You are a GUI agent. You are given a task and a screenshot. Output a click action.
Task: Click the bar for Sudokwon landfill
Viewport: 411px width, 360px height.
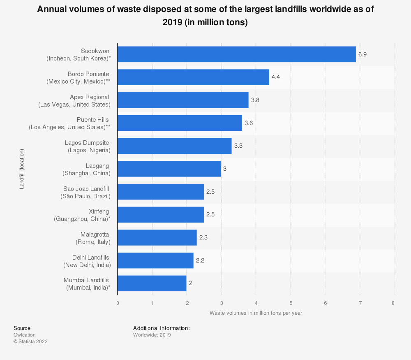(x=237, y=54)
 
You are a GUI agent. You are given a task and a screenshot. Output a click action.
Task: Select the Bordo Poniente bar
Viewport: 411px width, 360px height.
(x=193, y=77)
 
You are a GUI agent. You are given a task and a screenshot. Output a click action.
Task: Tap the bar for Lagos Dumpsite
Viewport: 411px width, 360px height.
(x=174, y=146)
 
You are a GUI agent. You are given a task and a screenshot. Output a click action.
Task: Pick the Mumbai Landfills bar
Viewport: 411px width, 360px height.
(x=152, y=283)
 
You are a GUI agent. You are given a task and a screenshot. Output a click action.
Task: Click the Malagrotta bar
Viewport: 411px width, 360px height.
(x=157, y=238)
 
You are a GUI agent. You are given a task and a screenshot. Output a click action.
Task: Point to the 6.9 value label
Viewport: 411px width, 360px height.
(x=363, y=54)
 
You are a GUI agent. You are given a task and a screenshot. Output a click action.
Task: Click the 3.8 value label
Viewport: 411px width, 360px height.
(x=255, y=100)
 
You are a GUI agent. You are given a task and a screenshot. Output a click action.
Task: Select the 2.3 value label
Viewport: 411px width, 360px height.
(x=203, y=238)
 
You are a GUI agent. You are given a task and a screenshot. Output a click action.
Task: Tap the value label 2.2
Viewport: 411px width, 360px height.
(x=200, y=260)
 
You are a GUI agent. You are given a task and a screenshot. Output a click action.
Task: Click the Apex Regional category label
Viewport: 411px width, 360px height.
(x=74, y=101)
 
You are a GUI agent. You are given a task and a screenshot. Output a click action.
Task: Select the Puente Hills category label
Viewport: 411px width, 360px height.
(x=69, y=123)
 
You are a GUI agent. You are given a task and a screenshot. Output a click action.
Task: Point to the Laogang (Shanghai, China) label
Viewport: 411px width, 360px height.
(x=86, y=170)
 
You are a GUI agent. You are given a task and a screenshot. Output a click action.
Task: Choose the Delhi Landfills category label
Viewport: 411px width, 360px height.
(x=87, y=261)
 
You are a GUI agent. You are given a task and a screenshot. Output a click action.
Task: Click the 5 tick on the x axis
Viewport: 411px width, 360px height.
(x=291, y=303)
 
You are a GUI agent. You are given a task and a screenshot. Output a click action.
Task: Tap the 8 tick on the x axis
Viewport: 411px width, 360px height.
(x=393, y=303)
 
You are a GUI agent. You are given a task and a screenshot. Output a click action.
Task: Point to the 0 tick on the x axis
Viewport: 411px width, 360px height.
(x=118, y=303)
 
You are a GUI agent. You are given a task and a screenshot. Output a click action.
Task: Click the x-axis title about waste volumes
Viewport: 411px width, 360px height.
(x=256, y=313)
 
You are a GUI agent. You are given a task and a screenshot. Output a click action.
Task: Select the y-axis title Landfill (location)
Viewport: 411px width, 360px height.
(x=22, y=169)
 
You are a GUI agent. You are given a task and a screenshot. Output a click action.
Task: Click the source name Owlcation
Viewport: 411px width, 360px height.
(x=25, y=335)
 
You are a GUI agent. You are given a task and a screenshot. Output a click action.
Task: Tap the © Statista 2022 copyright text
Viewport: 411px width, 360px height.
(x=30, y=341)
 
